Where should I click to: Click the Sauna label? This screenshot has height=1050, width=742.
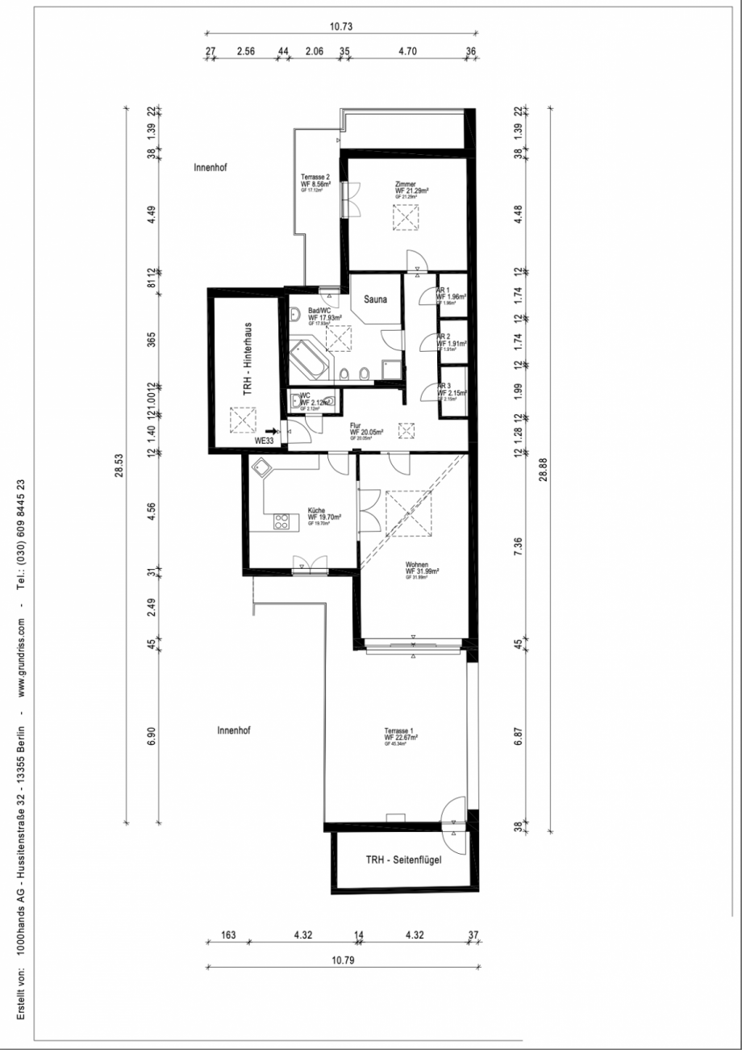(x=375, y=299)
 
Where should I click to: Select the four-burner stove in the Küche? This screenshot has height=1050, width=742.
(x=281, y=522)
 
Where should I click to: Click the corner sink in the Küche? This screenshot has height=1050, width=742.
(x=262, y=466)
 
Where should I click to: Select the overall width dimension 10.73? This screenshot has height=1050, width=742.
(x=341, y=27)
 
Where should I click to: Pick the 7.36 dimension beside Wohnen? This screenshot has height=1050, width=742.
(x=519, y=546)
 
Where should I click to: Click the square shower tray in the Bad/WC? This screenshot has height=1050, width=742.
(x=393, y=368)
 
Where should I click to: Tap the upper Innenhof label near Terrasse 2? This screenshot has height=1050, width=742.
(x=211, y=169)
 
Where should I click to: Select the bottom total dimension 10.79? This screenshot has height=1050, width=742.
(x=342, y=960)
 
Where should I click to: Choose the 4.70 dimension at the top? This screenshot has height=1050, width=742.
(x=407, y=50)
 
